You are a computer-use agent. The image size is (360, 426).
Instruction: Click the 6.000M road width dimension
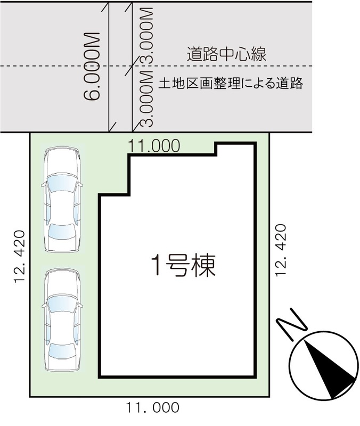click(92, 67)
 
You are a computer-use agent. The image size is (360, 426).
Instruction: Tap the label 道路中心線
click(226, 54)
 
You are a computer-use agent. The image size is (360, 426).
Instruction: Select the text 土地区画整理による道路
click(231, 83)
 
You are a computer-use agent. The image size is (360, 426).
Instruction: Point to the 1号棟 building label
click(183, 266)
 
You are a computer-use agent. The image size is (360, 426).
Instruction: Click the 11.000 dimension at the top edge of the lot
click(154, 145)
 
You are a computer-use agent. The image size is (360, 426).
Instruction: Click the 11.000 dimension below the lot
click(152, 407)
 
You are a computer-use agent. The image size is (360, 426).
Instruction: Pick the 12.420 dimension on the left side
click(20, 257)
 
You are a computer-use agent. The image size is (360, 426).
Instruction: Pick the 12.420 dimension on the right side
click(281, 250)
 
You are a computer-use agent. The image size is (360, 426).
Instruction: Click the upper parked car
click(62, 199)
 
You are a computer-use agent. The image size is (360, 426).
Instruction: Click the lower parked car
click(62, 320)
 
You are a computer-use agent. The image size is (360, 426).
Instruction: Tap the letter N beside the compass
click(291, 324)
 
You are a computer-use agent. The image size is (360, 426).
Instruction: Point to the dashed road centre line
click(156, 66)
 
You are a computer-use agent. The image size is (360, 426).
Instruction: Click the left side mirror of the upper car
click(44, 185)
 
